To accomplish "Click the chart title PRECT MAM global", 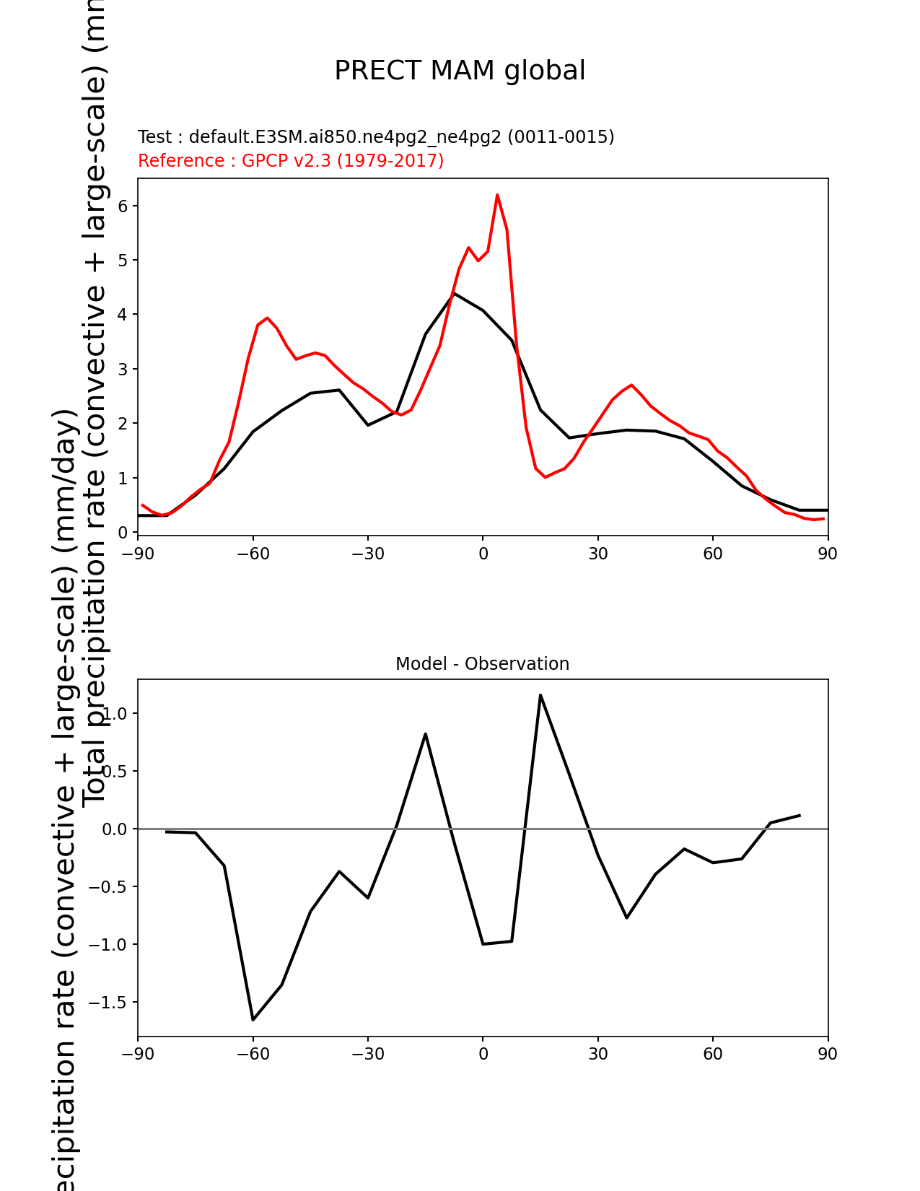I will click(460, 71).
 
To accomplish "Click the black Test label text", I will click(376, 137).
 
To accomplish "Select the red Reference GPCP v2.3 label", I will click(291, 160).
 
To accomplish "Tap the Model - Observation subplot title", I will click(482, 664).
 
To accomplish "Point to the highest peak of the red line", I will click(497, 195).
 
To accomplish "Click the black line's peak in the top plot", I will click(454, 294).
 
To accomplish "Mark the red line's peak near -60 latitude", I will click(267, 318).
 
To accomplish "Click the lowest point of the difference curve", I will click(253, 1019).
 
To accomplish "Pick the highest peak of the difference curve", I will click(540, 695).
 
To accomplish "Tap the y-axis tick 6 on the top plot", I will click(123, 206).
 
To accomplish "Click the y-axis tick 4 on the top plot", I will click(123, 315).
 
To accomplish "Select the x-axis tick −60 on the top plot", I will click(253, 554).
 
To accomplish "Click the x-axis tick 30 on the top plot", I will click(597, 554).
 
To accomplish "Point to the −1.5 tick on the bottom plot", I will click(107, 1003).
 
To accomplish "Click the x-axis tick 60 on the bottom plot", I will click(712, 1055).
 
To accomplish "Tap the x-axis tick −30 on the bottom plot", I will click(367, 1055).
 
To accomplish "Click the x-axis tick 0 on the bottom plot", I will click(483, 1055).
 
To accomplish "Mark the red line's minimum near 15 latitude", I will click(546, 477).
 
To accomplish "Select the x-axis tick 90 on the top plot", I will click(828, 554).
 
